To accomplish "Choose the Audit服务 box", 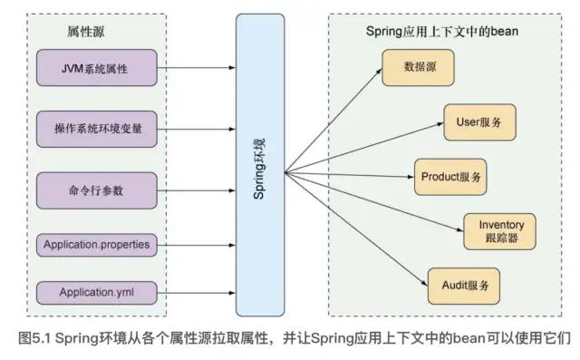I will pyautogui.click(x=462, y=285).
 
